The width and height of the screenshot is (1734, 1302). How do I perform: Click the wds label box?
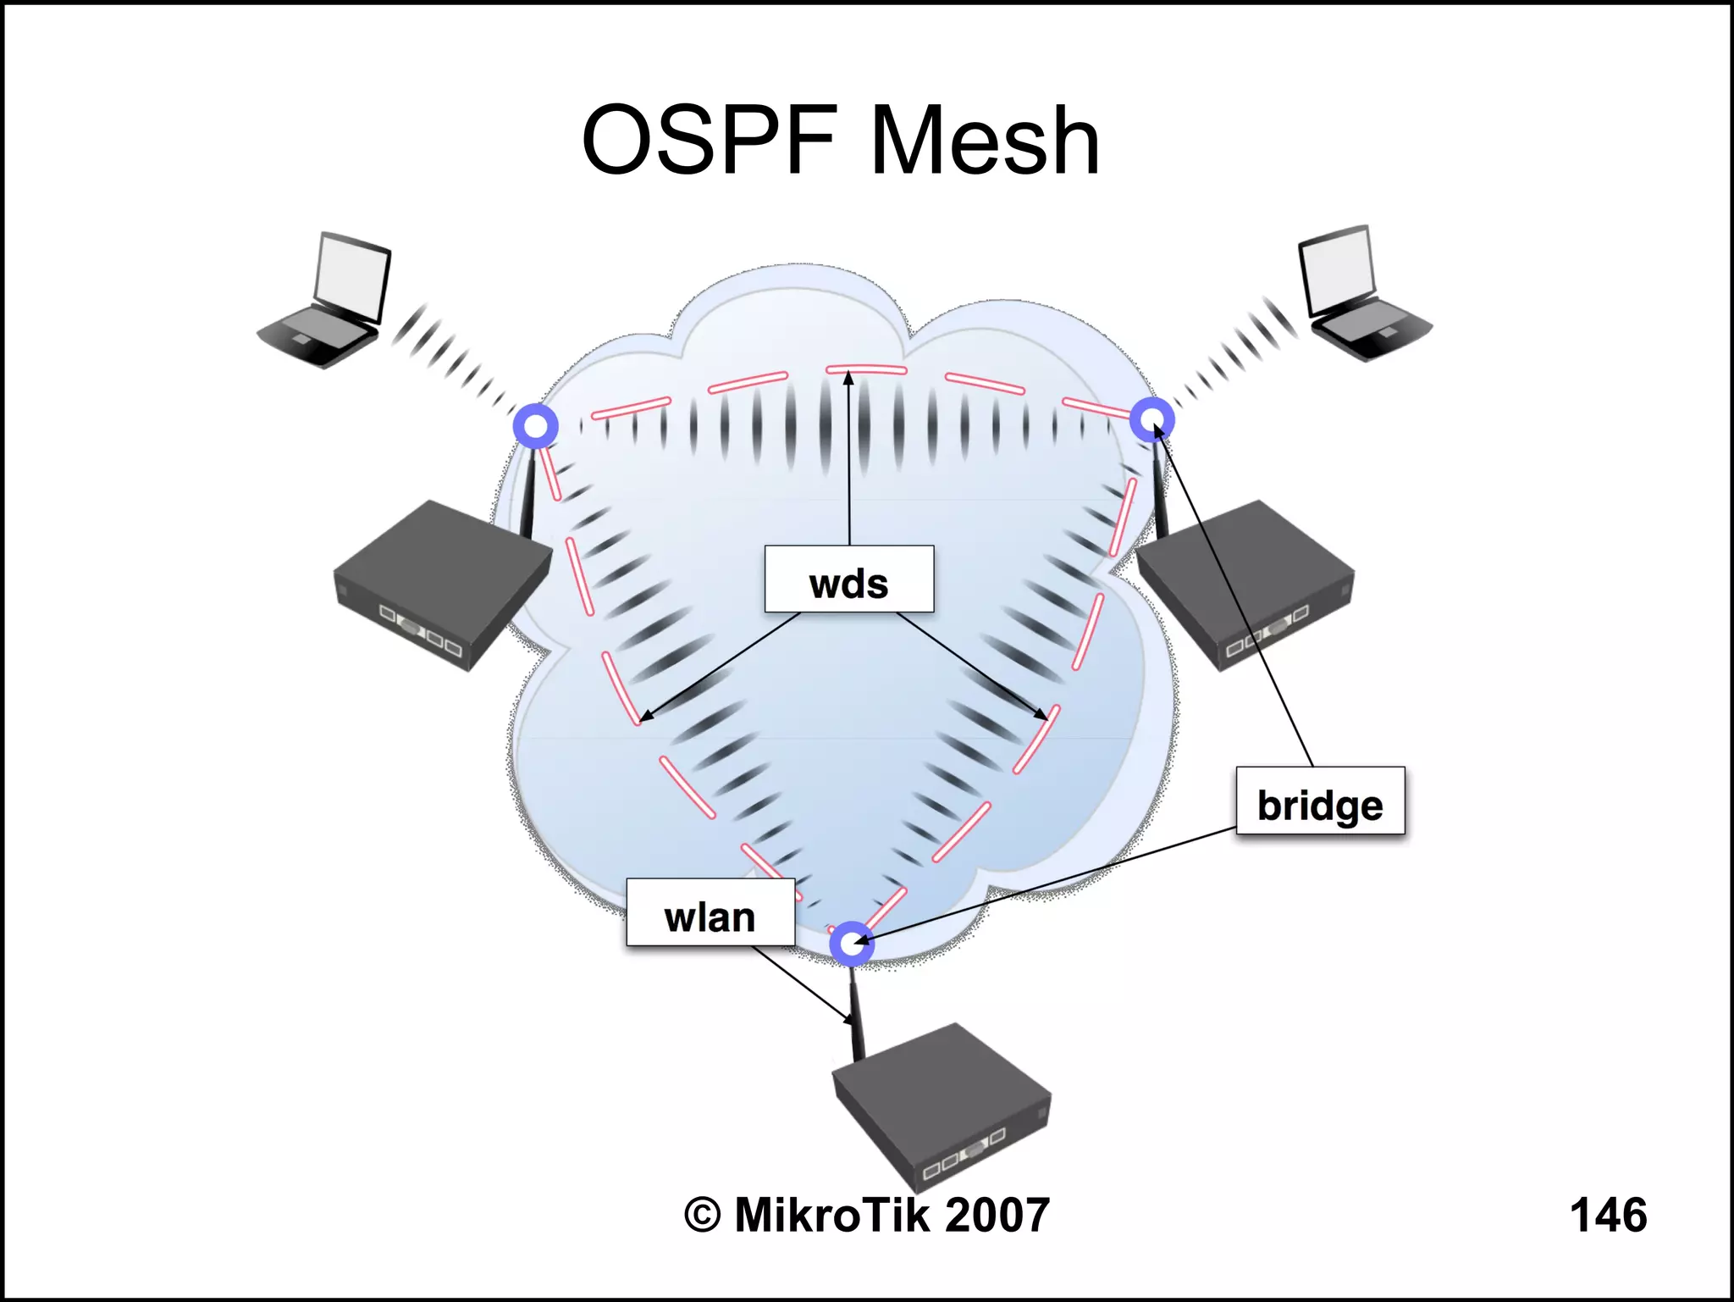coord(848,579)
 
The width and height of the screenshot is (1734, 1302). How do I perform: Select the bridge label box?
coord(1319,801)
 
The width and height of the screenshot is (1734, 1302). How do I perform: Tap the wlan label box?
coord(710,913)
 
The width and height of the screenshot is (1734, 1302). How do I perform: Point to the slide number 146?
coord(1608,1215)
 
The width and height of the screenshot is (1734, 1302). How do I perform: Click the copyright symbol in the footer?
coord(702,1215)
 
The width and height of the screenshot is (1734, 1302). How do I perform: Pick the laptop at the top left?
coord(326,305)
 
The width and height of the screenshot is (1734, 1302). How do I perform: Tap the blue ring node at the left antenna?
coord(535,425)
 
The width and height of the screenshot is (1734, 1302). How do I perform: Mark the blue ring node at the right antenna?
coord(1152,419)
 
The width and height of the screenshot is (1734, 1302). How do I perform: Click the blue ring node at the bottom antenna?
coord(851,943)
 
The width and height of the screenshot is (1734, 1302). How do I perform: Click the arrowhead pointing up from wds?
coord(848,378)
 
